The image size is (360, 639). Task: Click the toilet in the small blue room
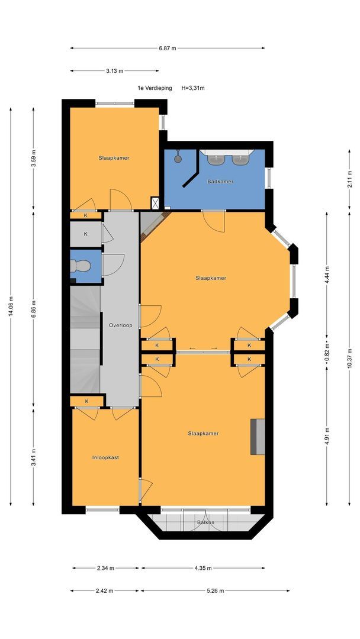80,266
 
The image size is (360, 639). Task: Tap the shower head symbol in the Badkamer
178,157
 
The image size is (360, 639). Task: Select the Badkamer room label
220,182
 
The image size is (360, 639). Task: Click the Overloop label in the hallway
120,325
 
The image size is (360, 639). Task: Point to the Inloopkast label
105,457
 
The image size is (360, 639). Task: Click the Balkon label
206,522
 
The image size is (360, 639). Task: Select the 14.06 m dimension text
11,306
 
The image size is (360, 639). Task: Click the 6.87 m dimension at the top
168,48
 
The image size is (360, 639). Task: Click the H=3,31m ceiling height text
193,88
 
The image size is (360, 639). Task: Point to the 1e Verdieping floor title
155,88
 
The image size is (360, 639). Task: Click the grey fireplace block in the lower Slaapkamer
258,437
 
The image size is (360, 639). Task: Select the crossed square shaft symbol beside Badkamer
155,203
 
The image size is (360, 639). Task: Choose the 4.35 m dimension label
203,568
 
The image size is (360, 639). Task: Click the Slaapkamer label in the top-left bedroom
114,158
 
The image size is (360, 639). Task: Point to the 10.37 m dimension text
349,358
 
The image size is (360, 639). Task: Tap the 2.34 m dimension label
105,568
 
